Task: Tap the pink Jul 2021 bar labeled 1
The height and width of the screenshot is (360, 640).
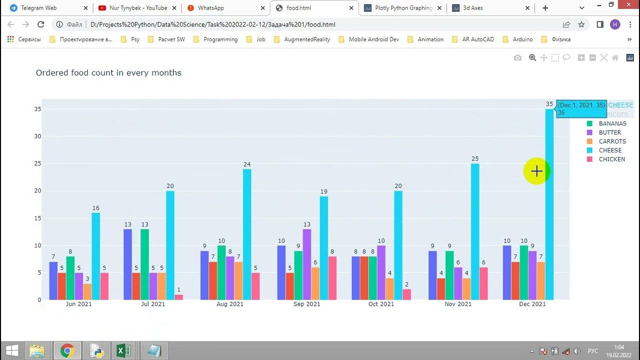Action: point(178,297)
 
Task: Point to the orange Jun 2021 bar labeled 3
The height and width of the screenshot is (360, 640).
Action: point(87,291)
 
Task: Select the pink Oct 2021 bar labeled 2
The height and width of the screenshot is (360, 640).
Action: point(407,294)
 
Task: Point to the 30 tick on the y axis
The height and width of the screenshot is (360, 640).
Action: point(37,136)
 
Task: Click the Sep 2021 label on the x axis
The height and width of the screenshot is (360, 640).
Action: point(306,304)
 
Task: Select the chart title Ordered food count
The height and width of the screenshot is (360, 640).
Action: point(108,73)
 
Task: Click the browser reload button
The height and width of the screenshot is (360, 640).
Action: point(41,24)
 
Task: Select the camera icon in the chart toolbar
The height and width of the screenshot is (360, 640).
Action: point(517,58)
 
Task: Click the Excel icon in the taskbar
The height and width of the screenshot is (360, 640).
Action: point(123,350)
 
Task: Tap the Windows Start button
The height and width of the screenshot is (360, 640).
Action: point(12,350)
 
